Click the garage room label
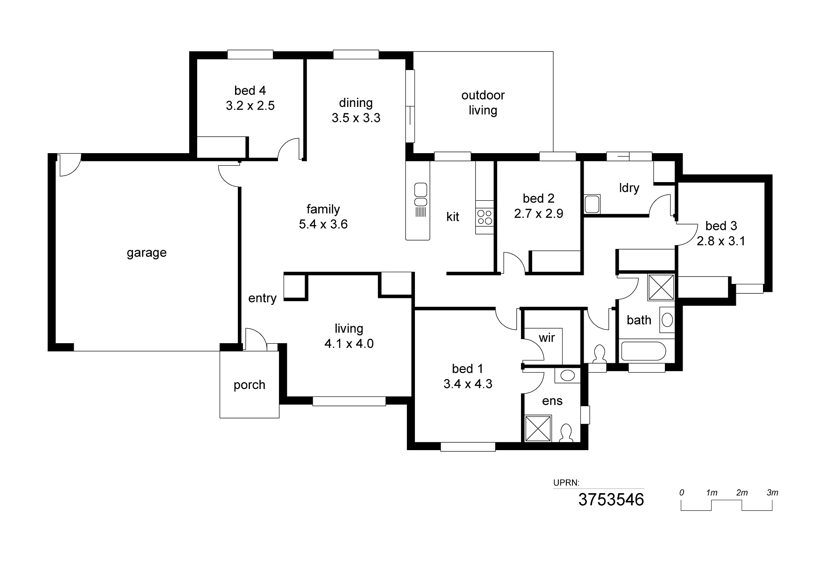[146, 253]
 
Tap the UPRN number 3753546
[611, 500]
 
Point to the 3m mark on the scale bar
[772, 493]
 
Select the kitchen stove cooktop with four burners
[484, 217]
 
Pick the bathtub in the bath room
[642, 351]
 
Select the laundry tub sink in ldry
[592, 204]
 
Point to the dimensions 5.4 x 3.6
[323, 225]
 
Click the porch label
[249, 385]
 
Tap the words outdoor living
[483, 103]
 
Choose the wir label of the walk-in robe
[546, 338]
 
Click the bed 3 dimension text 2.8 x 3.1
[721, 241]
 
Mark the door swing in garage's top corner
[69, 166]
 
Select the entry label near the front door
[262, 298]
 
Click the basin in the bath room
[668, 320]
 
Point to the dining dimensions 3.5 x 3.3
[356, 118]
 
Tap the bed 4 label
[250, 91]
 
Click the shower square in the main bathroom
[661, 287]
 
